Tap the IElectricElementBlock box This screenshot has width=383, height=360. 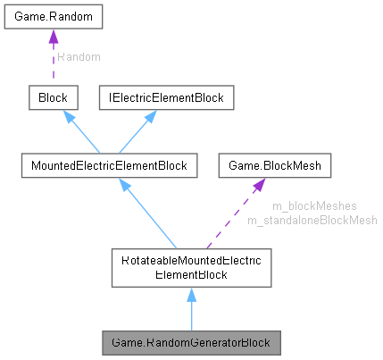(x=165, y=97)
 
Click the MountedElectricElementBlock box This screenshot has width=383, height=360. (x=109, y=165)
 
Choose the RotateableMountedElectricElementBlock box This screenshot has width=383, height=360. (x=191, y=268)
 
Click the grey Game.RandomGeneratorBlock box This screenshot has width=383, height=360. (x=191, y=342)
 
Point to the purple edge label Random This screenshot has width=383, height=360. (x=79, y=56)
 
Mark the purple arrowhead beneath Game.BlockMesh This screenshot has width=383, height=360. (x=257, y=185)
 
